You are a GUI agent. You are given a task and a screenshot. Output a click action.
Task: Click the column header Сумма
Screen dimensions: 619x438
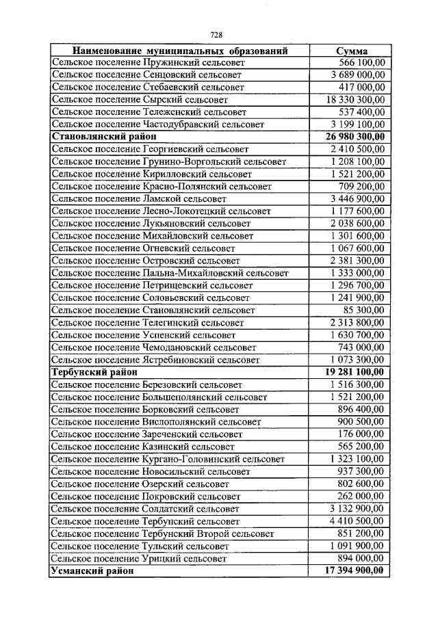[352, 51]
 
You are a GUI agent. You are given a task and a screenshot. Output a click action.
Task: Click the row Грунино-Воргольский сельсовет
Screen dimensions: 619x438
[168, 161]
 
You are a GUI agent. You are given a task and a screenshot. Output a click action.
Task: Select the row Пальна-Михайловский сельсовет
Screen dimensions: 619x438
[170, 273]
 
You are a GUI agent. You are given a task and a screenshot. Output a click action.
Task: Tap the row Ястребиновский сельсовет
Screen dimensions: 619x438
[155, 360]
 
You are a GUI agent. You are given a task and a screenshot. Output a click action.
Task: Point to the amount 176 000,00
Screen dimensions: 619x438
[361, 434]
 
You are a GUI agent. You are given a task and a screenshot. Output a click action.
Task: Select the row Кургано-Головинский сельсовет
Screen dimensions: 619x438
[168, 459]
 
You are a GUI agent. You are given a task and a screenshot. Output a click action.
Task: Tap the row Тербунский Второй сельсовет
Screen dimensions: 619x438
[162, 534]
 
